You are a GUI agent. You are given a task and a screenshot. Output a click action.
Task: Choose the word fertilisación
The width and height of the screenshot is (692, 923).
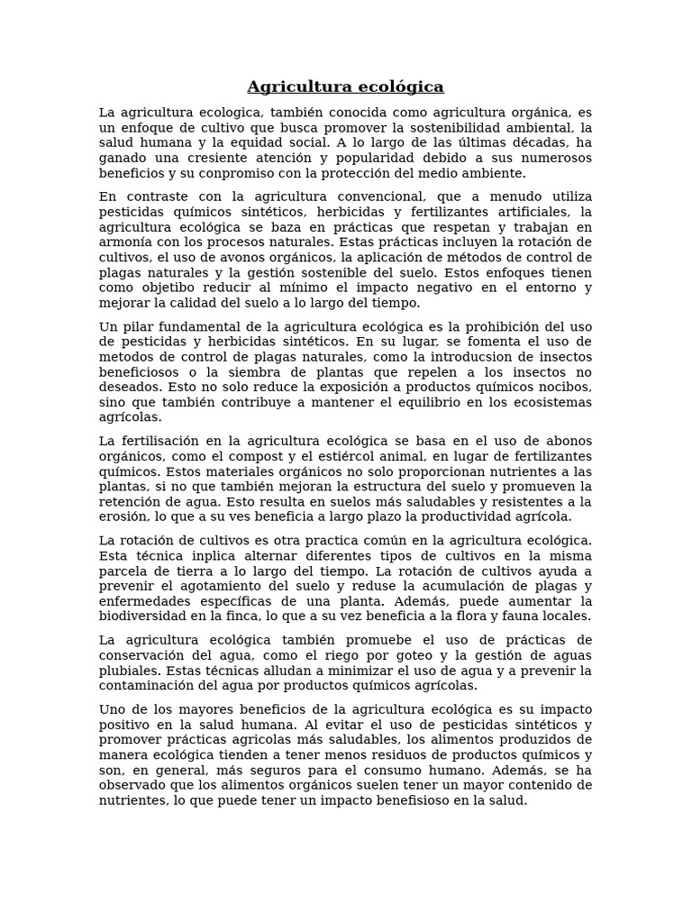pos(168,441)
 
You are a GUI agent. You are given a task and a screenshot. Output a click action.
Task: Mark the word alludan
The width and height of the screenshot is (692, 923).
pos(262,671)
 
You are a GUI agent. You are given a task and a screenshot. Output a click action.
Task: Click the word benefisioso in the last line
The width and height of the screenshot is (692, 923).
pos(398,800)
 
